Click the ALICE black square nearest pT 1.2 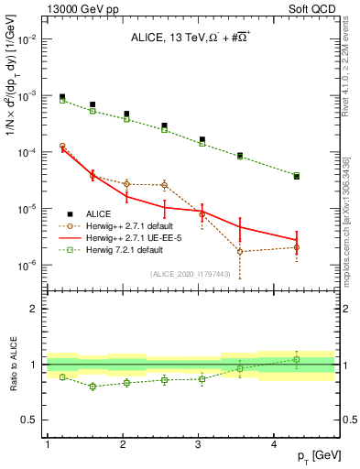62,96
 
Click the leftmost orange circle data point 62,146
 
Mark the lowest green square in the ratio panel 93,387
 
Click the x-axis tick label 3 199,443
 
